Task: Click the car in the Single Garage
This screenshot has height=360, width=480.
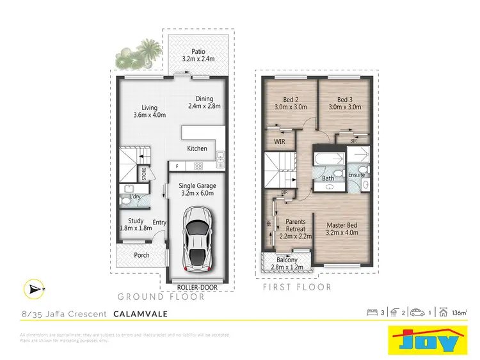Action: (197, 238)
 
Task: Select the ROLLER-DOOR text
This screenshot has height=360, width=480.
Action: (197, 288)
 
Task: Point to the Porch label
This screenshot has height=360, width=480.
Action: (141, 255)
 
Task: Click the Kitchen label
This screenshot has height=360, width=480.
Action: (197, 148)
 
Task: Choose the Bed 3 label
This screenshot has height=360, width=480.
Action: (346, 100)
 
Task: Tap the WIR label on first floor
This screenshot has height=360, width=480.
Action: (280, 141)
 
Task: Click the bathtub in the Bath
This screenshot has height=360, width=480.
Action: (328, 157)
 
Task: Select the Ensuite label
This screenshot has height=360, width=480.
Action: (356, 175)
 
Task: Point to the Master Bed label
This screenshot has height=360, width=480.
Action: (344, 225)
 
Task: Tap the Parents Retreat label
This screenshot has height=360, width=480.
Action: (295, 225)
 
